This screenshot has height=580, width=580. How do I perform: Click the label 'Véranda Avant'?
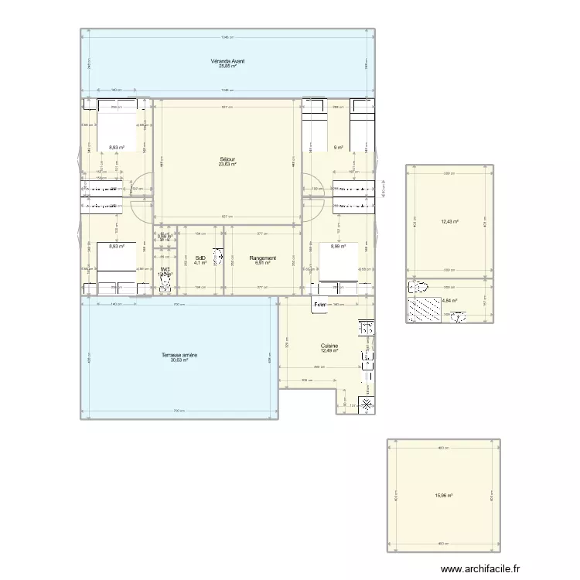pyautogui.click(x=227, y=61)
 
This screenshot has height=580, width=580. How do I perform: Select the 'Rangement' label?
pyautogui.click(x=263, y=258)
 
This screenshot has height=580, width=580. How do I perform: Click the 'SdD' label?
pyautogui.click(x=200, y=258)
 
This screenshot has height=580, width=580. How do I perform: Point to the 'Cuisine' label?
pyautogui.click(x=329, y=346)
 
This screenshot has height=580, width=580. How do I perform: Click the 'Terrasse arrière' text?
pyautogui.click(x=179, y=355)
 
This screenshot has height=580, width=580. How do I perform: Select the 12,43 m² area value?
pyautogui.click(x=449, y=222)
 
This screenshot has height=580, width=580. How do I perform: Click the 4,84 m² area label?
pyautogui.click(x=449, y=301)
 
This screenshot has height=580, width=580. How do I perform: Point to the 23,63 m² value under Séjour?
pyautogui.click(x=227, y=164)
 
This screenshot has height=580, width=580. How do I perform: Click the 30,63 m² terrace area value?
pyautogui.click(x=179, y=360)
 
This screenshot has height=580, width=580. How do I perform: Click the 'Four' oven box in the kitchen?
pyautogui.click(x=319, y=305)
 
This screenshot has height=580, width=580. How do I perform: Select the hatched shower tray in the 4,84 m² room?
pyautogui.click(x=424, y=309)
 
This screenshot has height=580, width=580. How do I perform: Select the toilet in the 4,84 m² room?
pyautogui.click(x=419, y=287)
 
